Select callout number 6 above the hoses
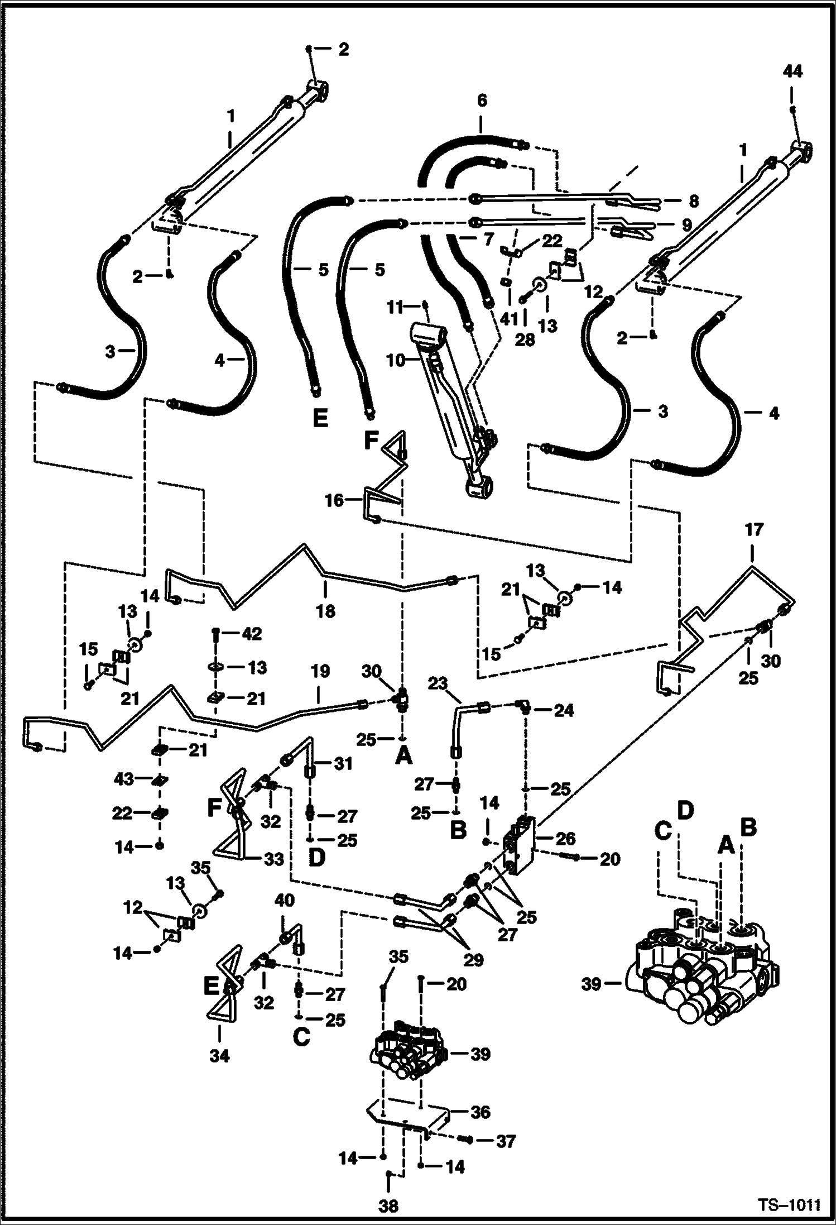482,101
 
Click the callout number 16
334,500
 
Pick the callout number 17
753,529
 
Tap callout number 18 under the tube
325,611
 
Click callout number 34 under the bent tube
219,1055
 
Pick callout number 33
273,859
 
